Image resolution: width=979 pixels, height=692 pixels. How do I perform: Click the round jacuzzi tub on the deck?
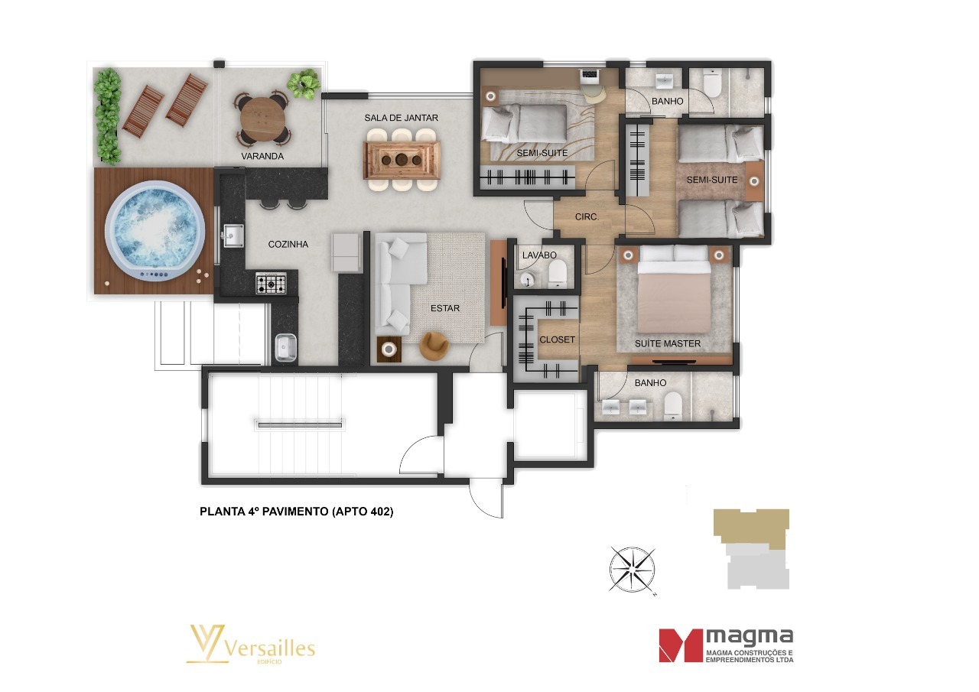pyautogui.click(x=154, y=232)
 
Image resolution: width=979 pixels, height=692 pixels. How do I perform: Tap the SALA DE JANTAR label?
pyautogui.click(x=402, y=118)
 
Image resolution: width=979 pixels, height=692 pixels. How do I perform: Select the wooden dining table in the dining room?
pyautogui.click(x=402, y=160)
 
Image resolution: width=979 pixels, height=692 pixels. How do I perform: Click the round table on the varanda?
pyautogui.click(x=262, y=118)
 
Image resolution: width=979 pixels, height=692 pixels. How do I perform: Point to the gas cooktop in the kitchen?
pyautogui.click(x=271, y=283)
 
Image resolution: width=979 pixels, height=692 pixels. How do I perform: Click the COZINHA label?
pyautogui.click(x=288, y=245)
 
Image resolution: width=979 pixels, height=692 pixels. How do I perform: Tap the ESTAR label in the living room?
pyautogui.click(x=445, y=308)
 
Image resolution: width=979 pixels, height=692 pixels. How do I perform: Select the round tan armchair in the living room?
pyautogui.click(x=434, y=346)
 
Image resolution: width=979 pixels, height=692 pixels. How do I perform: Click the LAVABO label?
pyautogui.click(x=539, y=255)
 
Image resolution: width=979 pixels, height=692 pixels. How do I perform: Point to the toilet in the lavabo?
pyautogui.click(x=558, y=274)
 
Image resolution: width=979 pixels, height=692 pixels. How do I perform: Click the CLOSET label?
pyautogui.click(x=558, y=340)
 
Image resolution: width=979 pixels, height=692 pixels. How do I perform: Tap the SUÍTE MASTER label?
pyautogui.click(x=668, y=344)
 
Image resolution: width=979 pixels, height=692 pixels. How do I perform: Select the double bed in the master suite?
pyautogui.click(x=674, y=289)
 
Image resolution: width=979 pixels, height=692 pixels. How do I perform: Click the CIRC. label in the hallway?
pyautogui.click(x=587, y=216)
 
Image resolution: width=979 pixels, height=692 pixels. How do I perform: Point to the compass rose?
pyautogui.click(x=632, y=570)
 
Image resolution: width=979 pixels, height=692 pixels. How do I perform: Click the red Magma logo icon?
pyautogui.click(x=680, y=645)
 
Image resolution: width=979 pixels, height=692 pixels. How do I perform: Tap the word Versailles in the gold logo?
pyautogui.click(x=269, y=648)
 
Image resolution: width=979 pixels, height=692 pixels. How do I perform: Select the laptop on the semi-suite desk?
pyautogui.click(x=589, y=75)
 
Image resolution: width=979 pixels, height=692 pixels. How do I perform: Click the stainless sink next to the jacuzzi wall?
pyautogui.click(x=233, y=236)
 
